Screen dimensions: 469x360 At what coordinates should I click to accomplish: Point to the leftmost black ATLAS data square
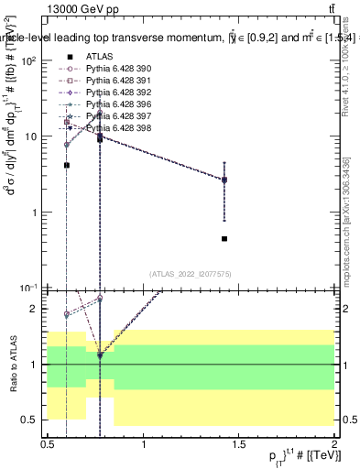pos(67,165)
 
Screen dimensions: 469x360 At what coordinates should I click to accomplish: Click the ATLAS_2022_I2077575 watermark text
pos(191,273)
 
